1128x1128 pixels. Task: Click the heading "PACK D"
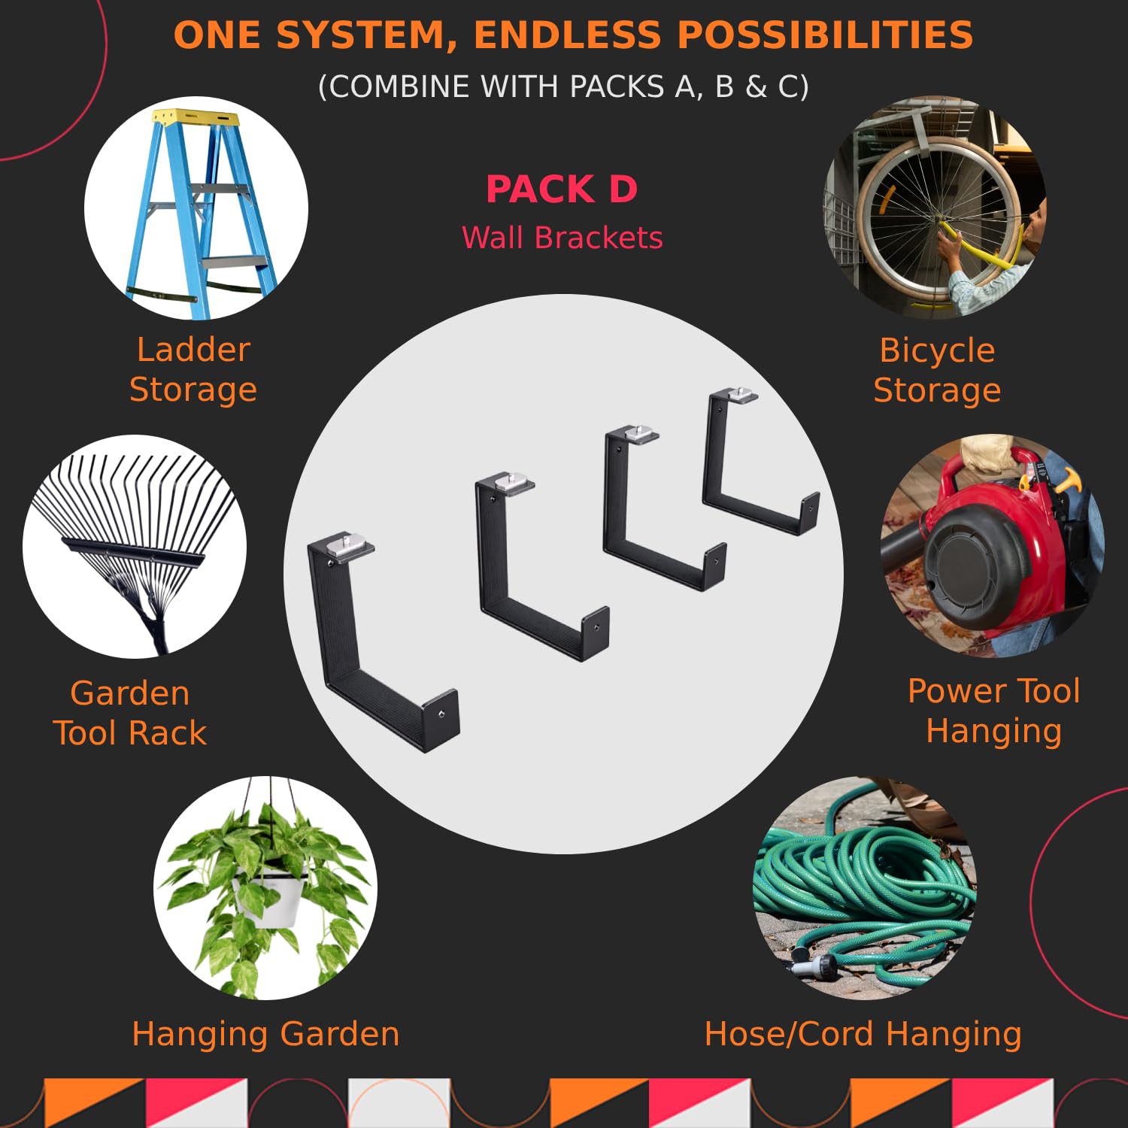click(x=562, y=189)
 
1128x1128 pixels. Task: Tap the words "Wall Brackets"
click(x=562, y=238)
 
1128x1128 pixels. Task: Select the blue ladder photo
click(x=196, y=208)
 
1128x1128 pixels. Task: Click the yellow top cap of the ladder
click(x=196, y=117)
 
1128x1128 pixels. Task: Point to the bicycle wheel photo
click(x=936, y=208)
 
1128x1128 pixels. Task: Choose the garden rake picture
click(x=135, y=547)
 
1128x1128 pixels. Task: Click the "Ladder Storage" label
click(x=193, y=369)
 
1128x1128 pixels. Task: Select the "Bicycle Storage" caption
click(x=937, y=370)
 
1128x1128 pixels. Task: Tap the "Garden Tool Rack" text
click(x=129, y=713)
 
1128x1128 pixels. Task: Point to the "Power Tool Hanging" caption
click(x=994, y=711)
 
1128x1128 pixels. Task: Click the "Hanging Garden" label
click(x=265, y=1034)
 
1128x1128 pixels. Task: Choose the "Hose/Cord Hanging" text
click(x=863, y=1034)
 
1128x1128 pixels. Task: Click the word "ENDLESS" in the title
click(x=567, y=35)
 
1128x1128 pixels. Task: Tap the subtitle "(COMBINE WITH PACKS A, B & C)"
click(x=563, y=86)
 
